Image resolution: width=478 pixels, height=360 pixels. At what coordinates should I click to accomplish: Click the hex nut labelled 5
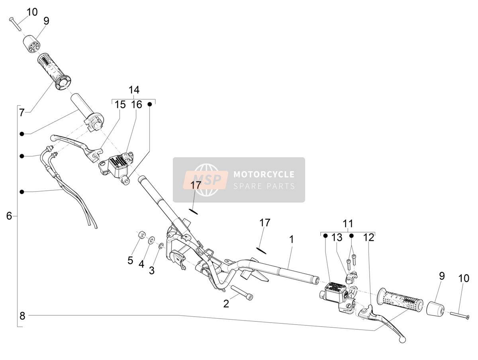click(x=141, y=235)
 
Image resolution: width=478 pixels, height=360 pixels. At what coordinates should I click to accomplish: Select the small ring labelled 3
click(x=161, y=246)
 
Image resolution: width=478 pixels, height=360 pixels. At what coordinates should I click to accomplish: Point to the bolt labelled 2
click(x=242, y=293)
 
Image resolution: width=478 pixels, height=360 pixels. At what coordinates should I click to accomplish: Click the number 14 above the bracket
click(x=134, y=90)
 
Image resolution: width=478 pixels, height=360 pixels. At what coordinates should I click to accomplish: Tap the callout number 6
click(x=9, y=216)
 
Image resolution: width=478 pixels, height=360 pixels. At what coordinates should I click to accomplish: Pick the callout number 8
click(x=22, y=316)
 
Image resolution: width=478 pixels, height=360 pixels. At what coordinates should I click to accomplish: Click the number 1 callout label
click(x=292, y=239)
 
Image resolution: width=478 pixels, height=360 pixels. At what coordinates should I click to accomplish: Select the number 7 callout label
click(x=22, y=113)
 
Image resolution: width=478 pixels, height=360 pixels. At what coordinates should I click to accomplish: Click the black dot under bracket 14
click(x=150, y=104)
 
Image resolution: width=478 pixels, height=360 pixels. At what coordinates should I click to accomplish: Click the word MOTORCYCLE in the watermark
click(x=264, y=174)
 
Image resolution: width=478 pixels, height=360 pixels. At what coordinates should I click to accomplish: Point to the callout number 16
click(x=137, y=104)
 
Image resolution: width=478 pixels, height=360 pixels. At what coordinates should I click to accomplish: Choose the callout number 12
click(x=369, y=237)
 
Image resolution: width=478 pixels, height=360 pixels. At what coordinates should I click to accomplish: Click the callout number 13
click(x=337, y=237)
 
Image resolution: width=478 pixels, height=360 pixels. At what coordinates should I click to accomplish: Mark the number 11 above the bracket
click(x=348, y=223)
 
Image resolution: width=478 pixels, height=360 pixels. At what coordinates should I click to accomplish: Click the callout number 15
click(x=120, y=104)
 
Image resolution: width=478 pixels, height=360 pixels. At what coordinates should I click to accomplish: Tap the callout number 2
click(x=226, y=304)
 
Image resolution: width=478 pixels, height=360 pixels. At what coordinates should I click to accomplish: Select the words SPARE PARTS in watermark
click(x=264, y=186)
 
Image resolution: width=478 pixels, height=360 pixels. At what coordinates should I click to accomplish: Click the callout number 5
click(x=130, y=260)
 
